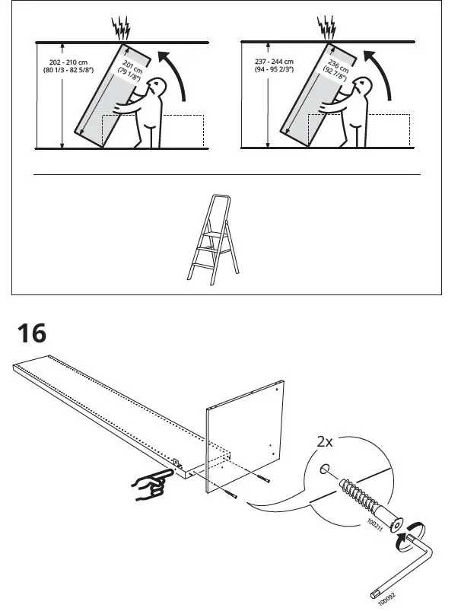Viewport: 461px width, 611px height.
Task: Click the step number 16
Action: coord(31,333)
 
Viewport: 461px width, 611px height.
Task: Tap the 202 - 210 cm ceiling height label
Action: coord(68,66)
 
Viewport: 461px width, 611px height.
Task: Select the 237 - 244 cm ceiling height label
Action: coord(275,66)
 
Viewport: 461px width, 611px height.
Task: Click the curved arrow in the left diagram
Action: coord(175,76)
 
